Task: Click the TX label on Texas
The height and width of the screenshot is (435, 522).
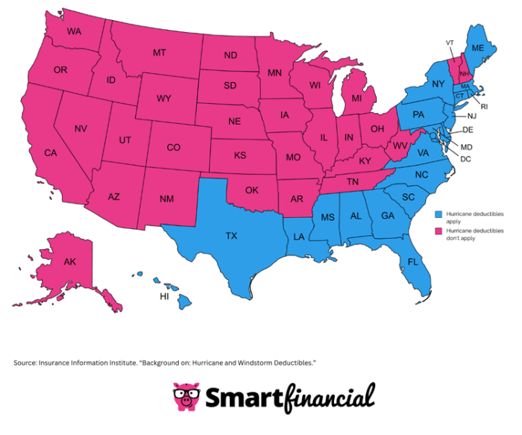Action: pos(231,236)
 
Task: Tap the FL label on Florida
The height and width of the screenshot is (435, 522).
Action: pos(412,261)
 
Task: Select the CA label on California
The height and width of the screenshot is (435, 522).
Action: pos(51,153)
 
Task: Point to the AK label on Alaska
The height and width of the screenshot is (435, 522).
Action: pos(70,262)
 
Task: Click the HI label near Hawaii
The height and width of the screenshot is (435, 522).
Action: pos(165,296)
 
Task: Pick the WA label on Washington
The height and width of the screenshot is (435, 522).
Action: pos(74,31)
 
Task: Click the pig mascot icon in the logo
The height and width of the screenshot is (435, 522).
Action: pos(186,396)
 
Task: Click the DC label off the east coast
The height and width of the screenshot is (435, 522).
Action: pos(466,159)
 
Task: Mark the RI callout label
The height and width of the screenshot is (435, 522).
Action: pos(482,107)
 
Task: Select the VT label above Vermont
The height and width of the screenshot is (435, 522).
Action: pos(450,42)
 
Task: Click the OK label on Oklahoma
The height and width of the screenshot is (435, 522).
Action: pos(252,190)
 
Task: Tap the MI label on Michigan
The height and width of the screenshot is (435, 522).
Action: pos(357,98)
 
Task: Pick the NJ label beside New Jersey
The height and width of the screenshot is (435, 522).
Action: pos(472,116)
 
